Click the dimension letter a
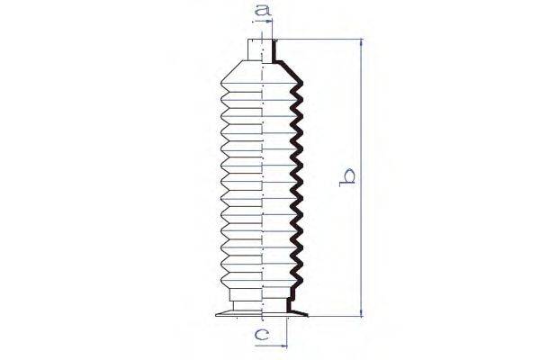262,10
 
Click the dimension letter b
347,177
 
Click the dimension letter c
261,334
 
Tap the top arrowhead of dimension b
361,42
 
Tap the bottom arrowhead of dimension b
361,312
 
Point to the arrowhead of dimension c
283,346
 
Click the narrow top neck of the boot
262,50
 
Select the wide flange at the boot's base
261,314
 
